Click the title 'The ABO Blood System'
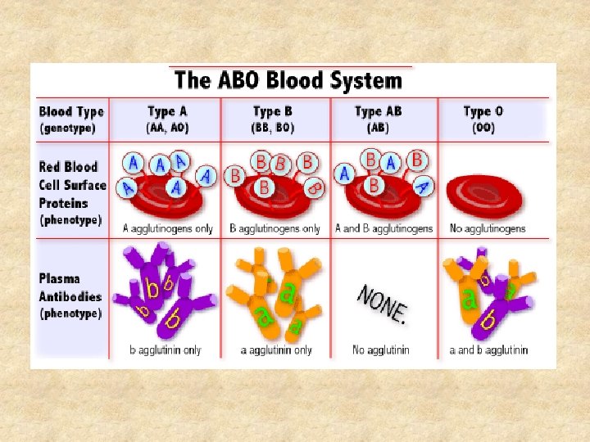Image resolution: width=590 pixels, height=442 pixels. pos(288,80)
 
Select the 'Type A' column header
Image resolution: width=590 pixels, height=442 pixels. pos(168,111)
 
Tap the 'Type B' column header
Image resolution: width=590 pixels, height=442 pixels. pos(273,111)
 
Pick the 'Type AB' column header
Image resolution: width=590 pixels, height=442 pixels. pos(378,111)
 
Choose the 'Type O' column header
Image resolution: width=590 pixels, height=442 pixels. pos(483,111)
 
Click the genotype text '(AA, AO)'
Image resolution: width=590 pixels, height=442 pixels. pos(168,128)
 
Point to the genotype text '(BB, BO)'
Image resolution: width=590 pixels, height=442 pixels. pos(273,128)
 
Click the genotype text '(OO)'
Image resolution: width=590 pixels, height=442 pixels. pos(483,128)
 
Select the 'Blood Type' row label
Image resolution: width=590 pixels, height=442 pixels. pos(71,112)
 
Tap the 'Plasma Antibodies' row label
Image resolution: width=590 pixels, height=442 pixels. pos(70,286)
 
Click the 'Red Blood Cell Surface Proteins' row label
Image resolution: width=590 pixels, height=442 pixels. pos(72,185)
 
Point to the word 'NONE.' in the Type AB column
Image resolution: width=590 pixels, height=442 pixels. pos(383,302)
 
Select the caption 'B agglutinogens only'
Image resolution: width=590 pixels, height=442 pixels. pos(275,228)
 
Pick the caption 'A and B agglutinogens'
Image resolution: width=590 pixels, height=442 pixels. pos(383,228)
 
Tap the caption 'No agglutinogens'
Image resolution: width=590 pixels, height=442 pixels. pos(488,228)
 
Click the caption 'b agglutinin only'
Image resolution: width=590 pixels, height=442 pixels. pos(166,350)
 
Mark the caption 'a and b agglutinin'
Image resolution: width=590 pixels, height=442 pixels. pos(489,350)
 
